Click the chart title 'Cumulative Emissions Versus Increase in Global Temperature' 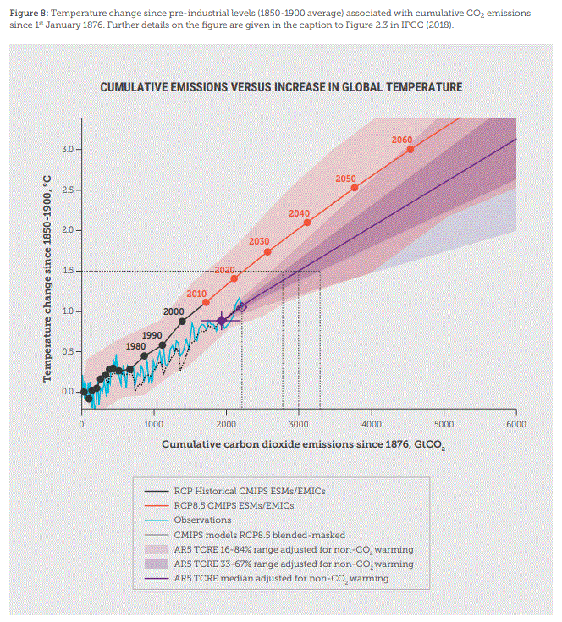[281, 87]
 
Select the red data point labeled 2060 [410, 149]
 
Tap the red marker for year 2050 [354, 187]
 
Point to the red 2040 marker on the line [306, 223]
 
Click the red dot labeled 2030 [267, 251]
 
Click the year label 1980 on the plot [135, 347]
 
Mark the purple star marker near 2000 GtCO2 [222, 321]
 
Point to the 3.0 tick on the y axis [69, 150]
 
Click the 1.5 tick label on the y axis [69, 271]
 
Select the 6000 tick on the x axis [515, 424]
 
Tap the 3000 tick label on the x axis [299, 424]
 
